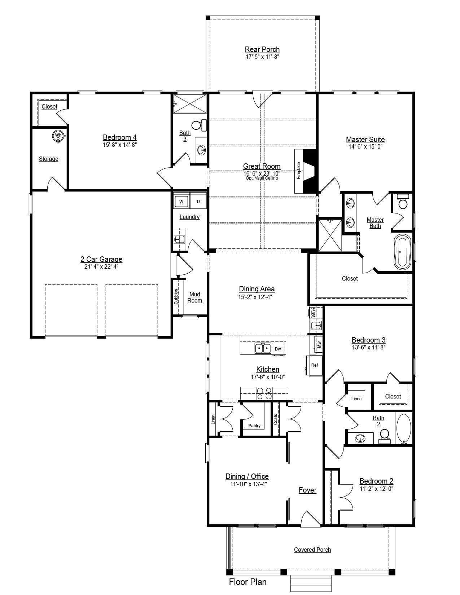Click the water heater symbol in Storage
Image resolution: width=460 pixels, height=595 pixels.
[x=58, y=136]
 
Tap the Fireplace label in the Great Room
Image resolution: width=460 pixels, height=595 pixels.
[x=299, y=170]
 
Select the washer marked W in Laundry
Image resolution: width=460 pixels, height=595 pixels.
[x=181, y=202]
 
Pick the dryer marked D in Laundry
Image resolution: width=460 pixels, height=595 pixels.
[x=198, y=202]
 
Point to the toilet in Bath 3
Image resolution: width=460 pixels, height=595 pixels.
[x=199, y=125]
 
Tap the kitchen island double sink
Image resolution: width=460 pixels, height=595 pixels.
[x=262, y=349]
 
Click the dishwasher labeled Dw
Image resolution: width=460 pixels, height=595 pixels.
[x=278, y=349]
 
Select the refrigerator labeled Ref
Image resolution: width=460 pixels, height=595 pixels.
[x=314, y=365]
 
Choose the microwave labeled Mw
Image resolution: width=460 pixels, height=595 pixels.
[x=319, y=345]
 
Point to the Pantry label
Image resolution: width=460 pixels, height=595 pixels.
[x=254, y=426]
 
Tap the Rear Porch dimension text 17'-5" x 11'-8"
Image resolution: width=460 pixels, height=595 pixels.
[x=262, y=57]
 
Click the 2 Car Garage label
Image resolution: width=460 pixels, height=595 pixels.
[x=101, y=259]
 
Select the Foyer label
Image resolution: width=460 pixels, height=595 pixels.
[x=307, y=490]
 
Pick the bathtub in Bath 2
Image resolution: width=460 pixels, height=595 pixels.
[x=404, y=429]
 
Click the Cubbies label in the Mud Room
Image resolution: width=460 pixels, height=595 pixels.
[x=176, y=296]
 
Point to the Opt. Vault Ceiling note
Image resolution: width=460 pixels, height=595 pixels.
[x=262, y=178]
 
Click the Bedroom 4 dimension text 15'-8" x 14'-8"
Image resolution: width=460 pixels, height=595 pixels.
[x=120, y=145]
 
